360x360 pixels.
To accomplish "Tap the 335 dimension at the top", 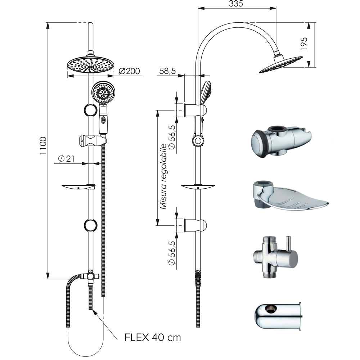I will click(x=236, y=4).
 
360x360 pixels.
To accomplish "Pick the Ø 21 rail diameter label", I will click(x=66, y=158).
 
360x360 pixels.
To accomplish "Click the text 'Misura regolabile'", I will click(x=163, y=176).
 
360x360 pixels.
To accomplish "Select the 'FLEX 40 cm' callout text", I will click(x=153, y=337).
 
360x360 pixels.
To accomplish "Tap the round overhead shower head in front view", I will click(x=90, y=64).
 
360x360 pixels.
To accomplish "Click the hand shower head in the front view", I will click(x=103, y=92).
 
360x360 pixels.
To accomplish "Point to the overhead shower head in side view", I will click(x=281, y=64).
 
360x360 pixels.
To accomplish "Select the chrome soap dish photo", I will click(x=290, y=197).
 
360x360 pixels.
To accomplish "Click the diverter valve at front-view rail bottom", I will click(x=90, y=276).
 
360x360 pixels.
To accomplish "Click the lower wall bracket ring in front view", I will click(x=90, y=225).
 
